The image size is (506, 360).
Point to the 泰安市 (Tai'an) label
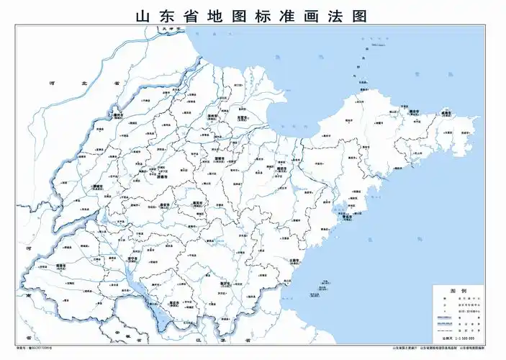coord(165,204)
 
